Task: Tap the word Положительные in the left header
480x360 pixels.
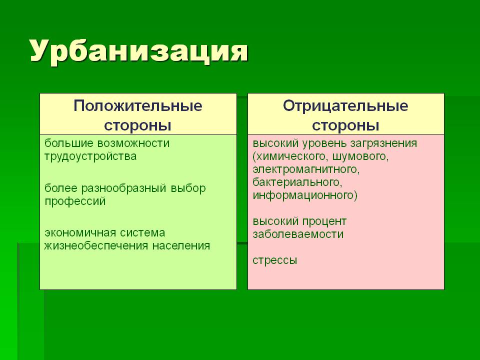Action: coord(138,106)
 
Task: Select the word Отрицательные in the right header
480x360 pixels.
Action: coord(345,106)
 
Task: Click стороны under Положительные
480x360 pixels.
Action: coord(137,125)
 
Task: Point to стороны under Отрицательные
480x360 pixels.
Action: coord(345,125)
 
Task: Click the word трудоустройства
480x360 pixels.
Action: coord(90,156)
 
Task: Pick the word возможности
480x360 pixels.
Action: coord(133,143)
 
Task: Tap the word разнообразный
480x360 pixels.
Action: coord(123,188)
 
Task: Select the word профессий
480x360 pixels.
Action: coord(75,201)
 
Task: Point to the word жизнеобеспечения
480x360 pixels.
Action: coord(96,246)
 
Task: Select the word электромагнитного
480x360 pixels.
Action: coord(306,169)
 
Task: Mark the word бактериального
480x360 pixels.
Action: coord(297,182)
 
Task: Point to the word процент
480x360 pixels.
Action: coord(324,221)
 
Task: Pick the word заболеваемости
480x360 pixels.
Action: coord(298,234)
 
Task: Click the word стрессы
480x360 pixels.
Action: coord(275,260)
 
